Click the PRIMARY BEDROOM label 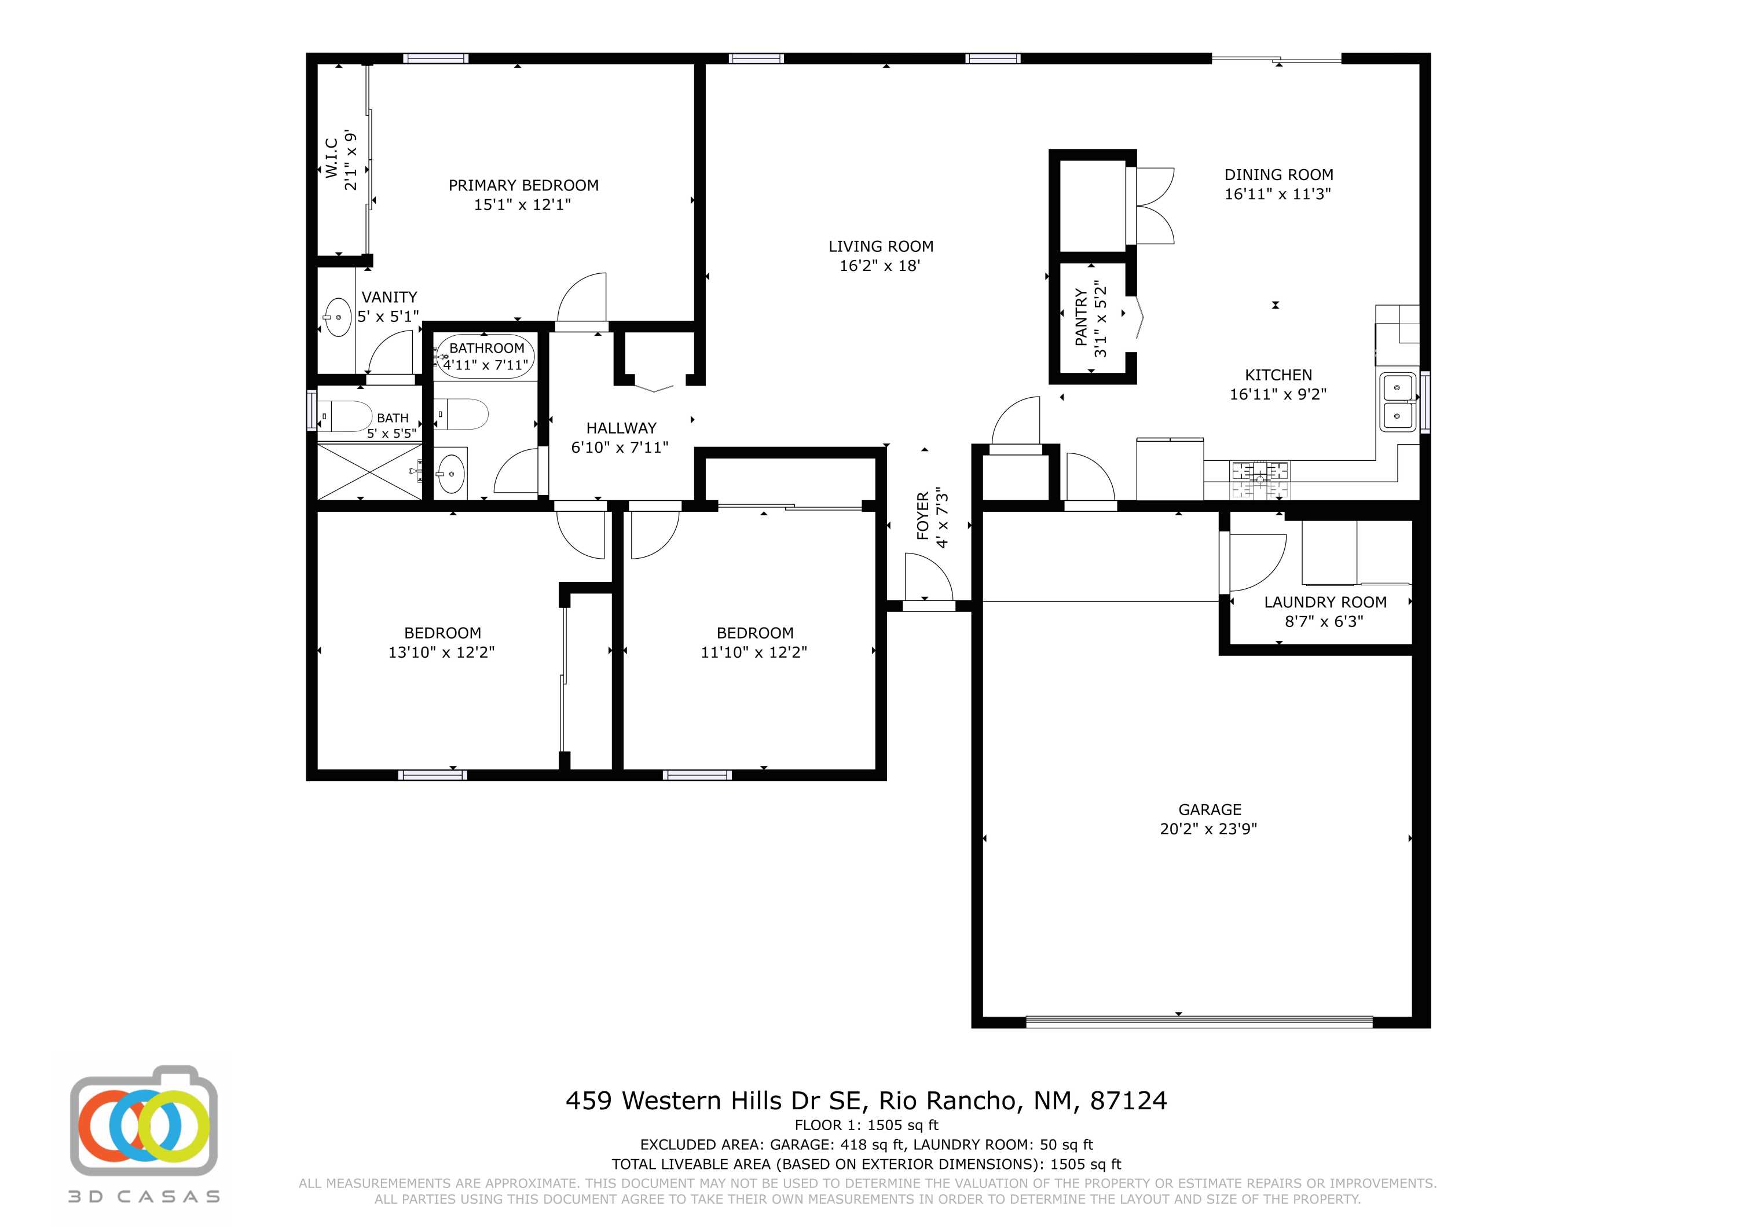click(523, 185)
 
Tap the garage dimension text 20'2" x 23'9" click(1208, 829)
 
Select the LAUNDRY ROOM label click(1325, 602)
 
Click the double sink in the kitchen click(1397, 402)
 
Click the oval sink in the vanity click(338, 317)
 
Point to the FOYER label click(923, 516)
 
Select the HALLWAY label click(621, 428)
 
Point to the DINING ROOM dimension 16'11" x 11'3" click(1278, 194)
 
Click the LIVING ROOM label click(881, 247)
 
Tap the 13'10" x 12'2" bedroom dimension click(441, 652)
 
